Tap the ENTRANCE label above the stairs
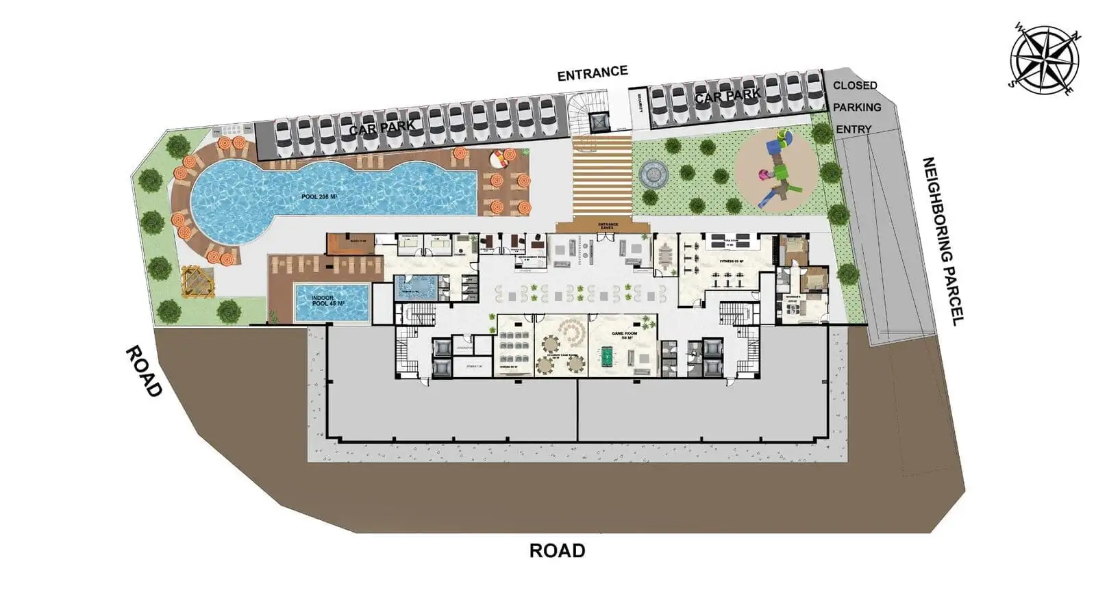(592, 73)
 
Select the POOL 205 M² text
(320, 197)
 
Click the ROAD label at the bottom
(557, 550)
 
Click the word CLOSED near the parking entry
(854, 86)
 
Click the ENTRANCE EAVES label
(608, 226)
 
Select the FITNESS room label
(730, 261)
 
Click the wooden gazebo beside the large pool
(197, 282)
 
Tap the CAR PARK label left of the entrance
(382, 127)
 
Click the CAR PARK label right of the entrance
(727, 97)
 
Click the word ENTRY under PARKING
(854, 129)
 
